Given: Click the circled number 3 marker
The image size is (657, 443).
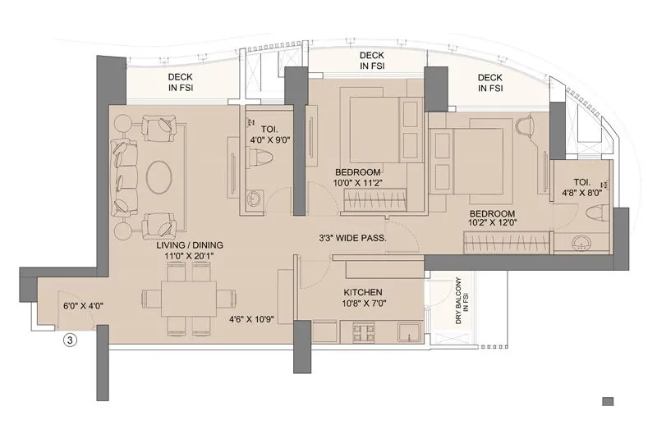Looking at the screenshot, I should tap(70, 342).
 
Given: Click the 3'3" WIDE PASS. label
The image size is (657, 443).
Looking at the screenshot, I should tap(353, 239).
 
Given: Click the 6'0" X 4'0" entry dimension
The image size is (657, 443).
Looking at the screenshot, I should tap(81, 306).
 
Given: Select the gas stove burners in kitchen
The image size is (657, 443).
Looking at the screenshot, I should tap(364, 332).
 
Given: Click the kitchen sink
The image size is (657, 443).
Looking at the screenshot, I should tap(408, 332).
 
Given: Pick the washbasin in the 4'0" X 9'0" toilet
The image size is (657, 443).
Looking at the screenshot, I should tap(254, 197).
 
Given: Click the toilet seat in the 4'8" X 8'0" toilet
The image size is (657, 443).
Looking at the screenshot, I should tap(596, 212).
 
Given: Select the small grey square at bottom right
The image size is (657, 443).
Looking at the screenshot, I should tap(608, 401).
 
